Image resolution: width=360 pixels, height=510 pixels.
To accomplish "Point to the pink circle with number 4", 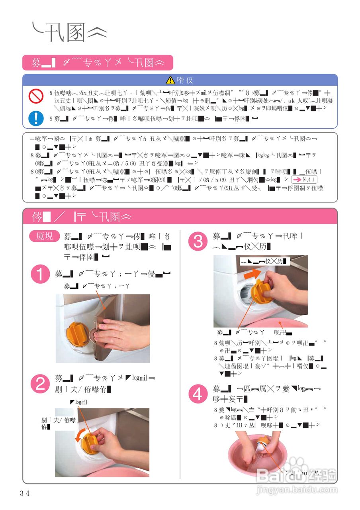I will pos(198,394).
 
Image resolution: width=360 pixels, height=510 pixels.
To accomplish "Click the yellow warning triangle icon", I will pos(170,80).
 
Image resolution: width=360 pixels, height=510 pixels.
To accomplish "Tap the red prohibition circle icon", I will pos(36,96).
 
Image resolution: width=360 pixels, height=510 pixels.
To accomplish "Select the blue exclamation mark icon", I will pos(36,118).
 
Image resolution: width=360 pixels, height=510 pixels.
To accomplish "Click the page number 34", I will pos(25,493).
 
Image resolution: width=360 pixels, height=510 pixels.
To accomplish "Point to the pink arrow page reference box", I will pos(301,179).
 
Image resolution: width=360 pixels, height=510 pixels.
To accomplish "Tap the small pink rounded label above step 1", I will pos(44,236).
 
